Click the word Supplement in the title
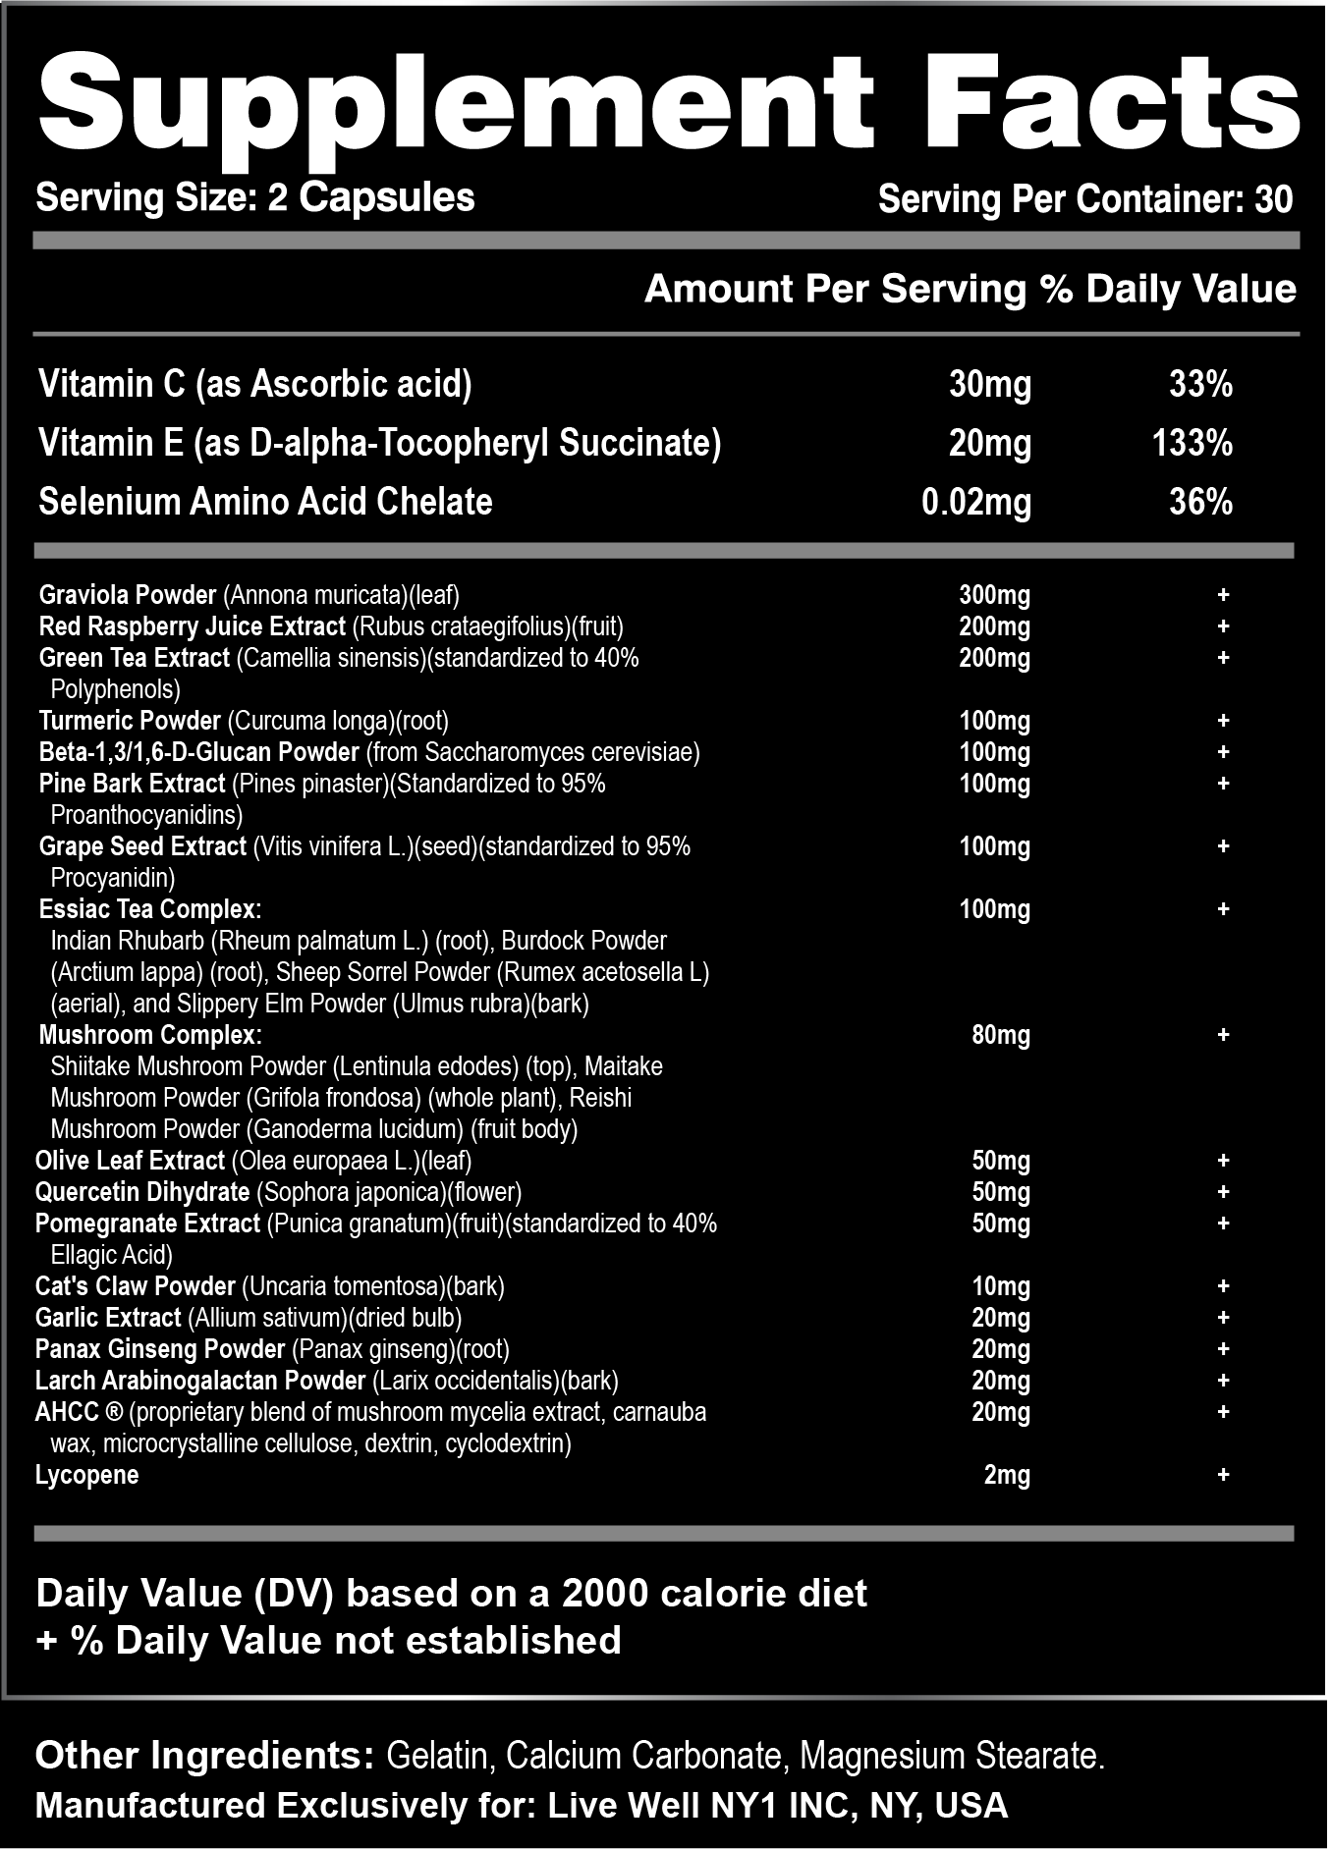point(455,103)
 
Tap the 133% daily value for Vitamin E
point(1192,443)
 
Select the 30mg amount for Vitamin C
point(989,384)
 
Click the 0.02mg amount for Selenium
point(976,502)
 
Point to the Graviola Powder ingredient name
point(128,595)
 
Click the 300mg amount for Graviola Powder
point(994,595)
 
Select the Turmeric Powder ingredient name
point(130,721)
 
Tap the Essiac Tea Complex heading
point(150,909)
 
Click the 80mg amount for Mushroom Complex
point(1000,1035)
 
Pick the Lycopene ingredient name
point(86,1475)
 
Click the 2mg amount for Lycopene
point(1007,1475)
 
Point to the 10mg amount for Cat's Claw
point(1000,1286)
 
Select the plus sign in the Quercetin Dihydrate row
point(1223,1192)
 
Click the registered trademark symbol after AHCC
point(113,1412)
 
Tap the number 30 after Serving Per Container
point(1273,199)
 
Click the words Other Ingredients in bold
point(204,1755)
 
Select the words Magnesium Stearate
point(951,1755)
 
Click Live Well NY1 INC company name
point(701,1805)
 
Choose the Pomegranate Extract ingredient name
point(147,1224)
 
